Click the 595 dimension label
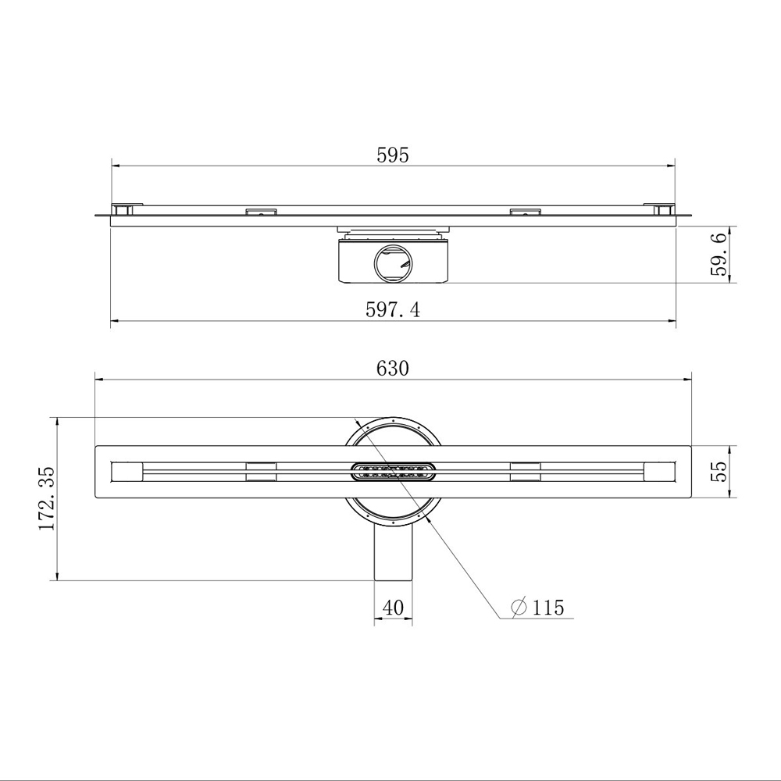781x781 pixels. click(393, 155)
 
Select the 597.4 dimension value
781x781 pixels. click(393, 310)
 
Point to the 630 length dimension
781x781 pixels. click(393, 368)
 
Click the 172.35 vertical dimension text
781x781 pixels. click(48, 498)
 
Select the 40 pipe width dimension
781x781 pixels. click(393, 608)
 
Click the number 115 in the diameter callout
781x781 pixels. click(548, 607)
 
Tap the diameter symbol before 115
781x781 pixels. click(519, 607)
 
